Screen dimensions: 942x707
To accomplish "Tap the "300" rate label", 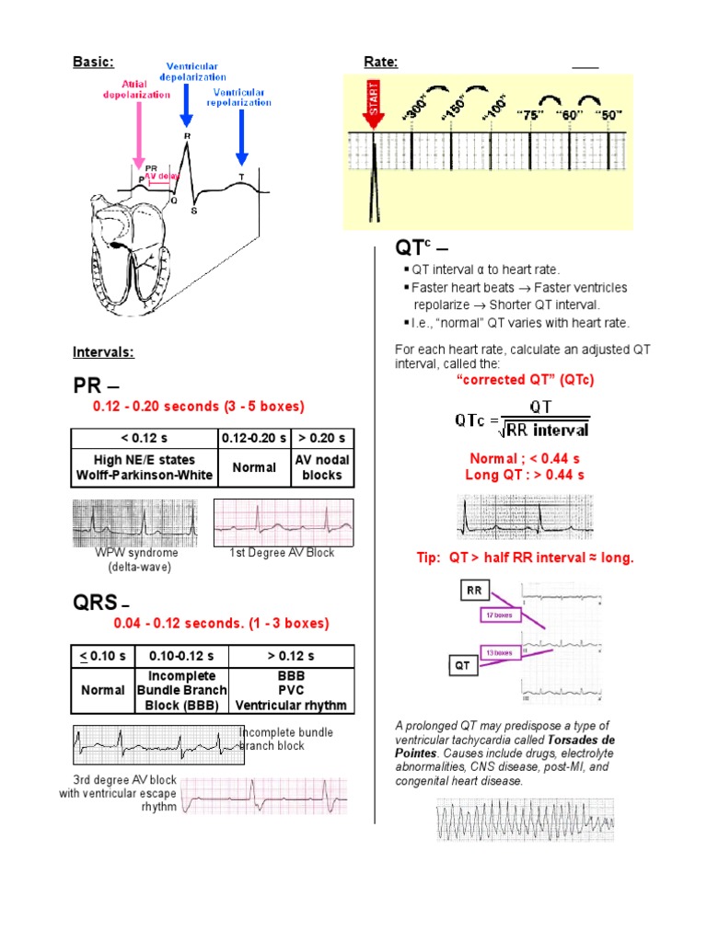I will [416, 108].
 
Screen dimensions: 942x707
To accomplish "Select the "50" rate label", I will [608, 114].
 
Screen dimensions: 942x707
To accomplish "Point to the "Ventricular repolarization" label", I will [242, 98].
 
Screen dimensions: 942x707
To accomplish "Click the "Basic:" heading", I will [93, 62].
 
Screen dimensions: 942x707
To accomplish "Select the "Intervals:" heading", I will [103, 351].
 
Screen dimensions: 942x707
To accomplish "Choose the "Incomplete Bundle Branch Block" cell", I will [181, 690].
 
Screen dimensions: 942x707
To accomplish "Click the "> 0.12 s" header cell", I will [291, 656].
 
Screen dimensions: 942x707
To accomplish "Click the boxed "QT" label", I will [464, 664].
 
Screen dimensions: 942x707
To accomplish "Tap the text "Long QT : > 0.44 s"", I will [526, 475].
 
